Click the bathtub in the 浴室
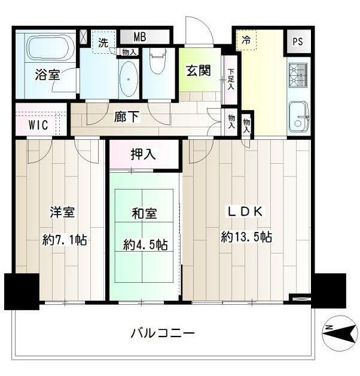point(51,47)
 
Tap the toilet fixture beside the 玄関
point(158,60)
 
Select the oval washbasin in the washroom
point(129,79)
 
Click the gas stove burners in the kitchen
point(298,76)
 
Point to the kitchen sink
point(299,117)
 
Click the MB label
point(140,37)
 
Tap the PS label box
point(297,42)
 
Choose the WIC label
point(38,125)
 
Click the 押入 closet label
point(143,154)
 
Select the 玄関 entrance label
point(199,71)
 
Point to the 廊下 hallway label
point(126,117)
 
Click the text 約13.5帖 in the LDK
point(246,237)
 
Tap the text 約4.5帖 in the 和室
point(145,244)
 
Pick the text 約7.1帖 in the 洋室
point(65,240)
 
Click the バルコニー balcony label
point(163,334)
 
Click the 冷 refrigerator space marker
point(246,40)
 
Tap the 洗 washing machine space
point(103,42)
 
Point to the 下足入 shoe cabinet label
point(231,80)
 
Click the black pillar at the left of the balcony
point(22,291)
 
